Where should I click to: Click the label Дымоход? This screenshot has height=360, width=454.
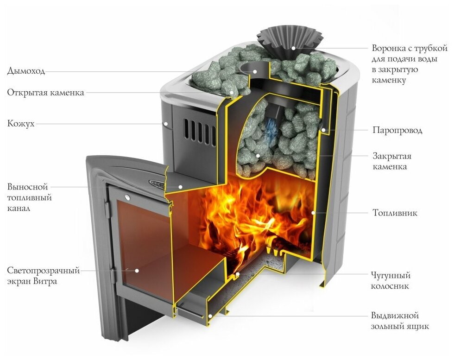[26, 71]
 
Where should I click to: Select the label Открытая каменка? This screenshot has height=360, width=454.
[45, 93]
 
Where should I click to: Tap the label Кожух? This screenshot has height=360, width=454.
[21, 124]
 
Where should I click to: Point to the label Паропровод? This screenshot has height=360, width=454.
[397, 130]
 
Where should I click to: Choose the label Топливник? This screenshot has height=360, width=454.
[395, 213]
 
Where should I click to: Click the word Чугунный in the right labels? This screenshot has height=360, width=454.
[391, 275]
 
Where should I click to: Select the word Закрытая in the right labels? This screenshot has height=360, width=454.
[392, 156]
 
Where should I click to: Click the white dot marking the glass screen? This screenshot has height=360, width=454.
[137, 270]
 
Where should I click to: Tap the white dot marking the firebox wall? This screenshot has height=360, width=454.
[314, 213]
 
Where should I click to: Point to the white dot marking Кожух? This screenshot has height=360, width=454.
[165, 124]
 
